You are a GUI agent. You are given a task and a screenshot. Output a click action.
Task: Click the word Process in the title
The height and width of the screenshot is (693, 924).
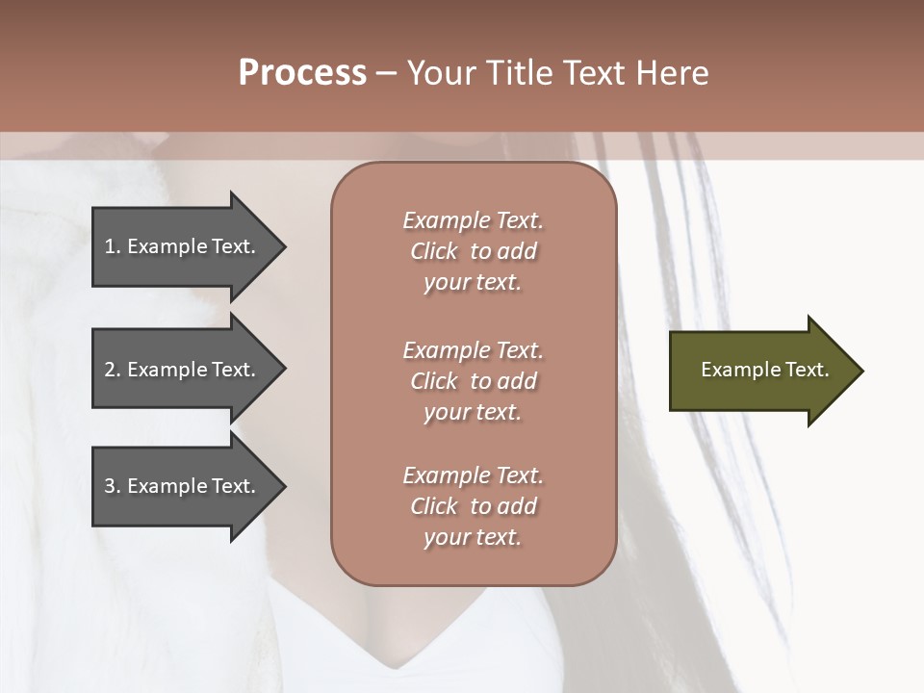302,73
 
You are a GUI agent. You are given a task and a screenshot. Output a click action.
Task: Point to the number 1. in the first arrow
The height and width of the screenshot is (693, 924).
112,246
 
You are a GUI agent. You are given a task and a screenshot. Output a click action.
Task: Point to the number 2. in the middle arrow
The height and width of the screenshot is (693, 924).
112,370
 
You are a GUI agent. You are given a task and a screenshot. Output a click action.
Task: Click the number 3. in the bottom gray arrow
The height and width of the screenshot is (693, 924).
112,486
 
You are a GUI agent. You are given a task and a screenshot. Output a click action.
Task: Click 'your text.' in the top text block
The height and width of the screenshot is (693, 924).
473,283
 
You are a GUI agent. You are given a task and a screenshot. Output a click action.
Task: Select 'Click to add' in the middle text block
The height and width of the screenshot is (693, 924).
473,381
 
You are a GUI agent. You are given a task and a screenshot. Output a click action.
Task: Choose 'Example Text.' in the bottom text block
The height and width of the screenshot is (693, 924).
473,475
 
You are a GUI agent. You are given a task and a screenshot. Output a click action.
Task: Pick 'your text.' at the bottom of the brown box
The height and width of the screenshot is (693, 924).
473,538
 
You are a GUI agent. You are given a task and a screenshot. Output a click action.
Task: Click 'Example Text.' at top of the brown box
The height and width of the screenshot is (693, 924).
473,220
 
